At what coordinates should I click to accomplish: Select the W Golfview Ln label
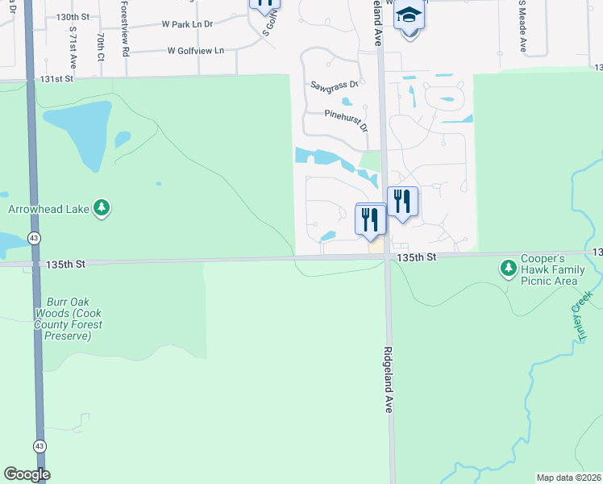(x=195, y=51)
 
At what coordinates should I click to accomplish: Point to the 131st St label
(x=57, y=78)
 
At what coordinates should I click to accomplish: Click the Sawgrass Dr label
(x=335, y=85)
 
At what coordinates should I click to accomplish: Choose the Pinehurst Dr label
(x=346, y=121)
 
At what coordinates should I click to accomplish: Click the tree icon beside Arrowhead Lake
(x=102, y=209)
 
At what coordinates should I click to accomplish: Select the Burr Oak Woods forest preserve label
(x=69, y=319)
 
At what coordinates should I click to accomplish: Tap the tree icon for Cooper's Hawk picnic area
(x=508, y=266)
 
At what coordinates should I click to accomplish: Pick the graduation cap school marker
(x=410, y=16)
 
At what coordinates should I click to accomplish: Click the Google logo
(x=27, y=474)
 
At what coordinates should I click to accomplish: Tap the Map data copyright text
(x=569, y=478)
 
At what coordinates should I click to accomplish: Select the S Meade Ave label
(x=522, y=24)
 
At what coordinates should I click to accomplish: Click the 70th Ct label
(x=101, y=47)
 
